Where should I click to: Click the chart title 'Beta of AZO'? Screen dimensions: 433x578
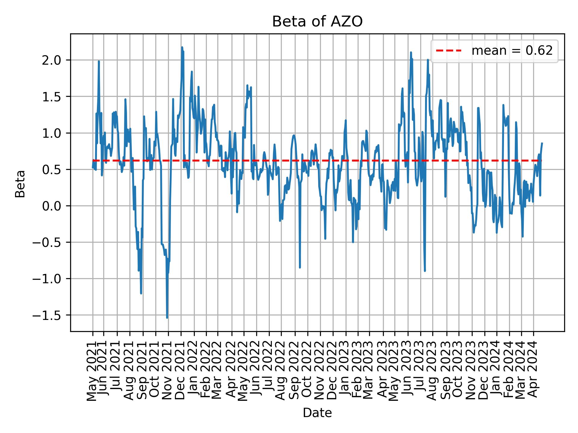point(317,22)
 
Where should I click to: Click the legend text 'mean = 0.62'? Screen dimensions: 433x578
point(512,51)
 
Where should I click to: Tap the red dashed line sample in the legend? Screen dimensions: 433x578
point(449,51)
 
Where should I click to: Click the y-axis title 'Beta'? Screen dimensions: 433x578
point(20,184)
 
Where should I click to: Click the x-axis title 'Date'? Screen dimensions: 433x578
point(317,413)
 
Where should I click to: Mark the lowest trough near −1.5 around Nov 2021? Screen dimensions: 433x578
point(167,318)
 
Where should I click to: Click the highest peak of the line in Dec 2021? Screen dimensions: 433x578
point(182,47)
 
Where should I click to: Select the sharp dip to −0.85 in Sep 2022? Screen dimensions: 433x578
point(300,267)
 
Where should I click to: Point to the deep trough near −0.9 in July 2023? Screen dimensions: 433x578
point(425,271)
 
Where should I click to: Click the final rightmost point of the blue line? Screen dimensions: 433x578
point(542,143)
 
